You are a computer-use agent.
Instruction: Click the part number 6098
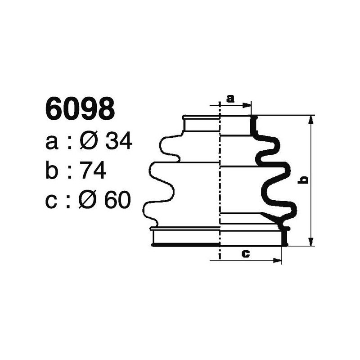80,109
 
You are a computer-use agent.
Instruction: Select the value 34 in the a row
119,142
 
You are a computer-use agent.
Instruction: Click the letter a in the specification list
52,143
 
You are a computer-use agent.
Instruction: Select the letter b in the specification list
52,171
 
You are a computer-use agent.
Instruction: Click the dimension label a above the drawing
230,98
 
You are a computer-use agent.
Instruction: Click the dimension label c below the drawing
246,253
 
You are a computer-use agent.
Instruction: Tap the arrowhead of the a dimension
247,105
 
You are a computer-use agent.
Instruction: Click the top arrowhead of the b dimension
310,119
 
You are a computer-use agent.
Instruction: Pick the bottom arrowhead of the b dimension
310,242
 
